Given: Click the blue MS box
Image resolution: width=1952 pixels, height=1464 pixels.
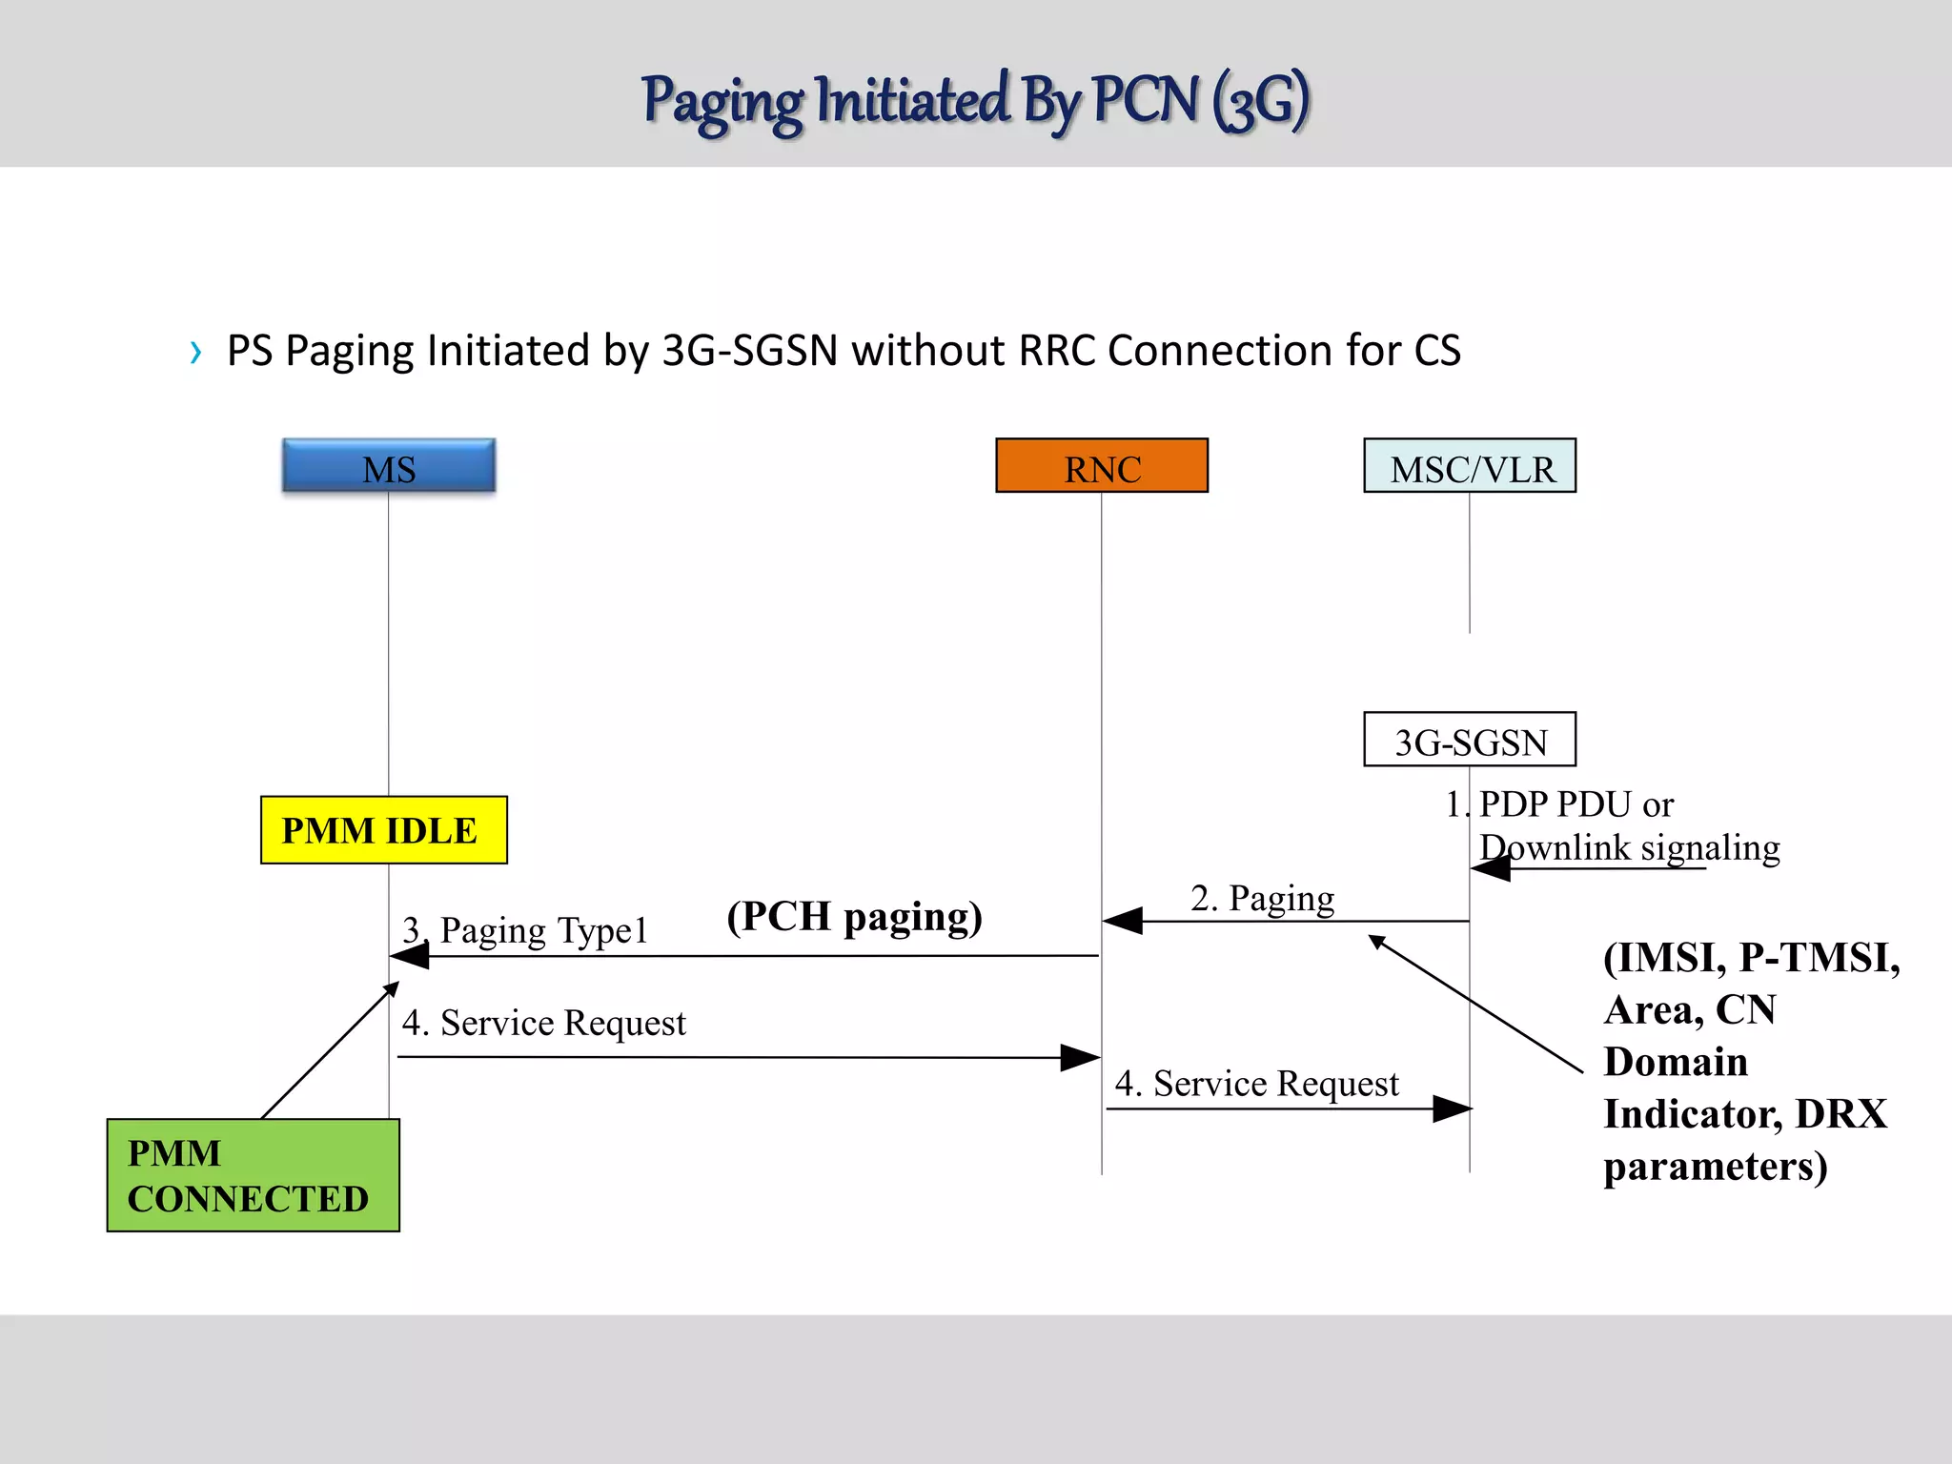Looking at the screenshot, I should pos(389,466).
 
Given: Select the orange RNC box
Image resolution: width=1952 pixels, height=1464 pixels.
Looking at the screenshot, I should pos(1102,466).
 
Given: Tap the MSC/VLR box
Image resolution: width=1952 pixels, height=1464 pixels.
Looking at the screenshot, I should pos(1470,466).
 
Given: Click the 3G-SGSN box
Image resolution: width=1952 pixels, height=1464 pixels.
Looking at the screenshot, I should pos(1470,740).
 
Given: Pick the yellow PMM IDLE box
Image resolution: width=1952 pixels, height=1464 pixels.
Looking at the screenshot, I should pos(383,830).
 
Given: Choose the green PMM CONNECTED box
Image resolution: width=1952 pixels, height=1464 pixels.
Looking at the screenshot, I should pos(253,1175).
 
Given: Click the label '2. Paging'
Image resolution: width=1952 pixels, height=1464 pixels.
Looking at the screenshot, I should pos(1262,898).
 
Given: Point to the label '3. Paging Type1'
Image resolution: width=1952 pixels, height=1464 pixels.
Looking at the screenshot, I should pos(525,929).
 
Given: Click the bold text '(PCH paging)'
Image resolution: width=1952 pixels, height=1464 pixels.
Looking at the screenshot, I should pos(854,916).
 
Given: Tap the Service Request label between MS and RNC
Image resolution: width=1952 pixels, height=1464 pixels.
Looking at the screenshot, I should pos(543,1023).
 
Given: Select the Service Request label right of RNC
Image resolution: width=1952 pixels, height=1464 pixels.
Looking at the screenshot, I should pos(1256,1084).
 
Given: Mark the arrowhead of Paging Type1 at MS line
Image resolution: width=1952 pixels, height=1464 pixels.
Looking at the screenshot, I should pos(410,955).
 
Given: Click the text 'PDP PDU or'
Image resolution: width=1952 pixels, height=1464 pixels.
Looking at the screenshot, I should pos(1576,804).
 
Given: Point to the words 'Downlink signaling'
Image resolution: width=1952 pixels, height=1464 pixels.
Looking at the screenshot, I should pos(1629,847).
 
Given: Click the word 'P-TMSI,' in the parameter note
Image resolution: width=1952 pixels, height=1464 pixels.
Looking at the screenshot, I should pos(1819,958).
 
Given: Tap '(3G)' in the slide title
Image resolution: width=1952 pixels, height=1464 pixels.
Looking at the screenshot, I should pos(1260,101).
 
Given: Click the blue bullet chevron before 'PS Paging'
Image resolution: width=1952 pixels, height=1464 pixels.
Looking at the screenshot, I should pos(196,353).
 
